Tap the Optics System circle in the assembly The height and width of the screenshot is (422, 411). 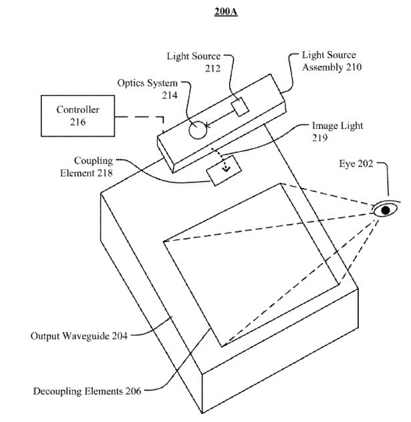click(197, 129)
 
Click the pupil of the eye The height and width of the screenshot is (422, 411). click(385, 210)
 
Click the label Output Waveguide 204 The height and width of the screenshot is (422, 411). click(76, 335)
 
